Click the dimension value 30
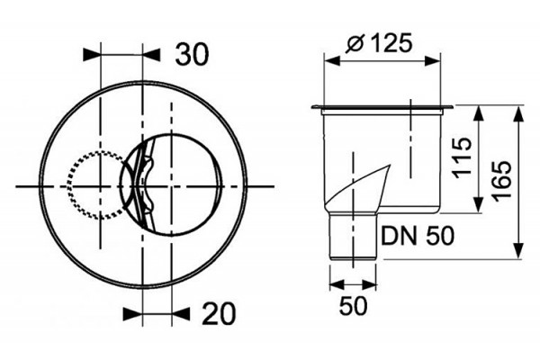click(192, 55)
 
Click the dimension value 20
click(219, 313)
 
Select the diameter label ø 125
click(379, 44)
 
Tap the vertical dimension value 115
click(462, 157)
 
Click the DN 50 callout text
click(418, 236)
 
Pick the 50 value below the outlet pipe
click(354, 306)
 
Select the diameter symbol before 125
click(355, 44)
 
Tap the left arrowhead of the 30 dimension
click(92, 55)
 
